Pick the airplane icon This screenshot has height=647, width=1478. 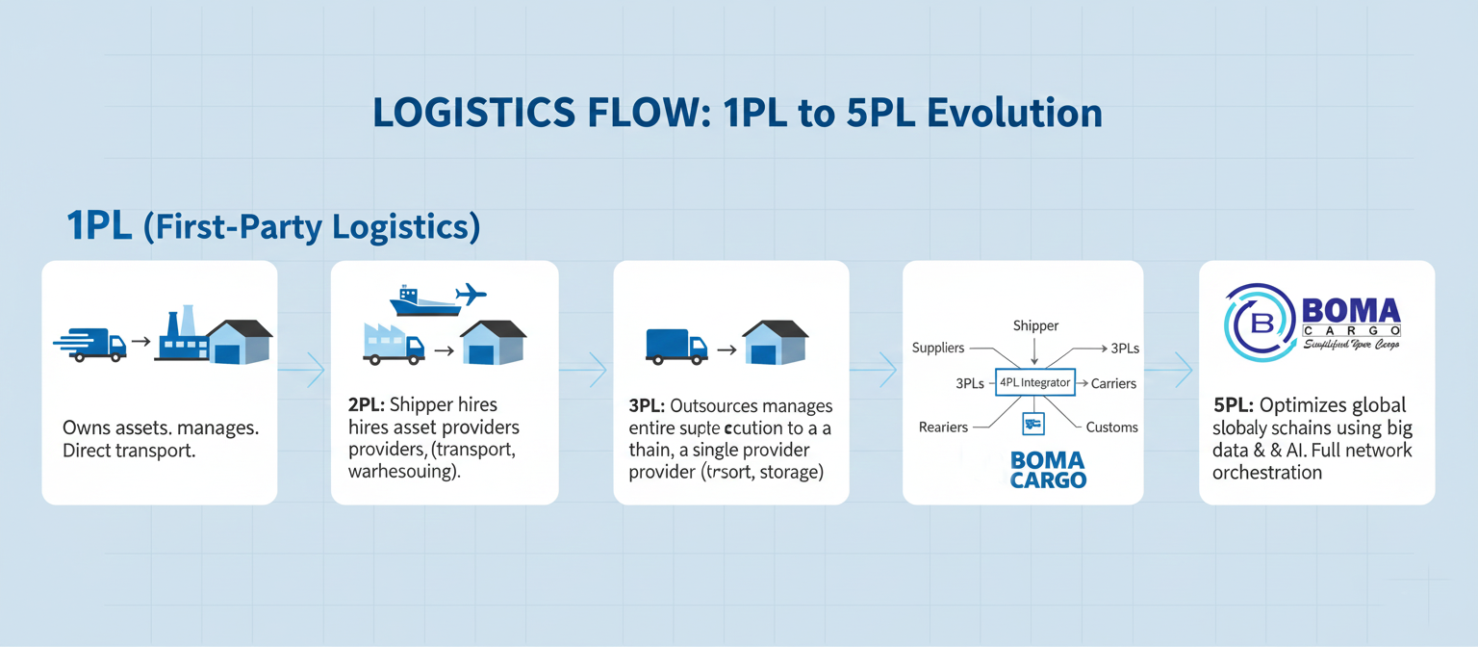pyautogui.click(x=470, y=294)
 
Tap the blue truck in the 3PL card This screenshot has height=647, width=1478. pyautogui.click(x=675, y=346)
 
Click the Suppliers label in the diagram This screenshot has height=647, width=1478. pyautogui.click(x=937, y=349)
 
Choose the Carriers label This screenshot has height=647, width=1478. pyautogui.click(x=1113, y=383)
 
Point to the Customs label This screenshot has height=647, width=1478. pyautogui.click(x=1111, y=427)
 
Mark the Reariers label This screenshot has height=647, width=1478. pyautogui.click(x=942, y=427)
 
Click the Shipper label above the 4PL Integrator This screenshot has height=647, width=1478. pyautogui.click(x=1035, y=326)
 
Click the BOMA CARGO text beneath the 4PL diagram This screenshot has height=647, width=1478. pyautogui.click(x=1048, y=470)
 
